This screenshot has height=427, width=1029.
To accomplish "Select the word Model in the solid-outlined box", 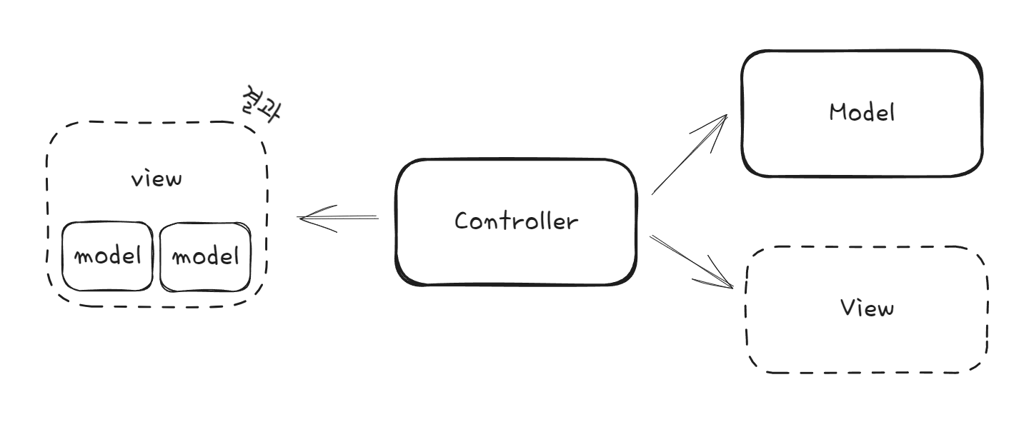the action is (x=862, y=112).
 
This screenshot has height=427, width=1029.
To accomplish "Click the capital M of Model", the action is (x=837, y=112).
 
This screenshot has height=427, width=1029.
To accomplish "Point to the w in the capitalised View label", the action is (x=885, y=309).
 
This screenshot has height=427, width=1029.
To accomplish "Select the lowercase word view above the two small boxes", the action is (x=156, y=179).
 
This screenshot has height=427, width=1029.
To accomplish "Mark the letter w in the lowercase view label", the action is (x=174, y=179).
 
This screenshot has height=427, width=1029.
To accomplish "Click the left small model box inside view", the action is (x=107, y=256).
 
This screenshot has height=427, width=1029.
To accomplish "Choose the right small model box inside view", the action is (x=206, y=256).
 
